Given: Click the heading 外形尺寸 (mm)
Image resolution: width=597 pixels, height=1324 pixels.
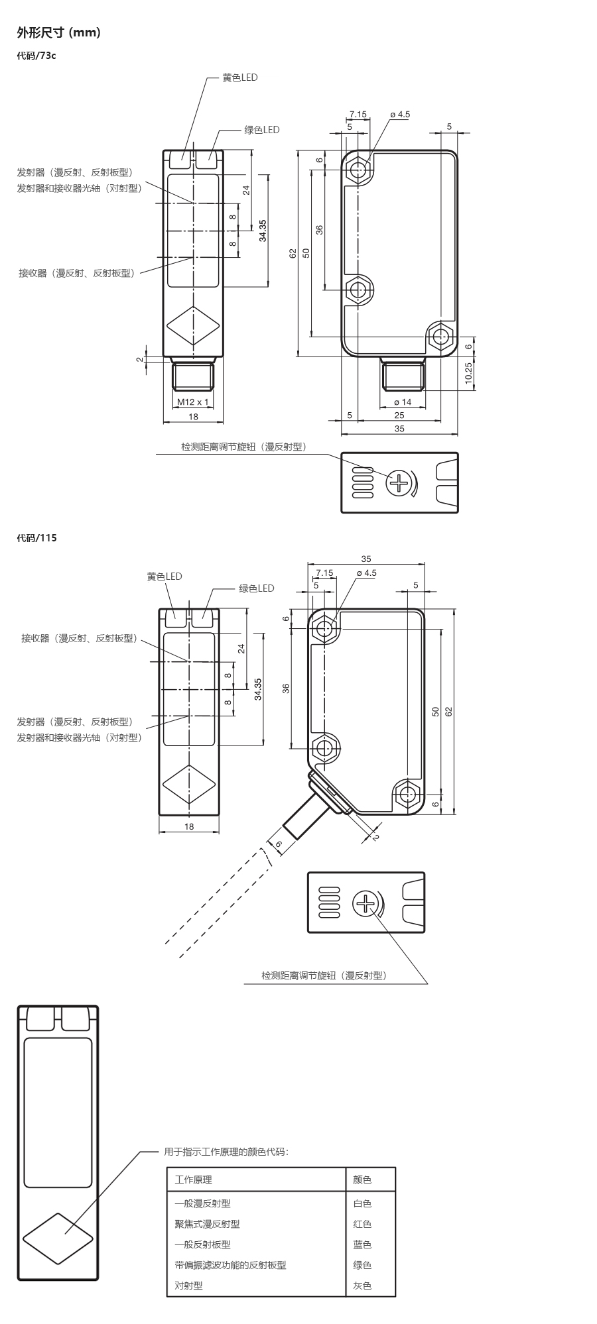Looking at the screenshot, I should click(x=58, y=32).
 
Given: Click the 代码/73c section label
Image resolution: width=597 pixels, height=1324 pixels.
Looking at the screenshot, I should click(x=36, y=56).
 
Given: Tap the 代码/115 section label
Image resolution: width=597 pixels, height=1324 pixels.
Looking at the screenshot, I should click(x=37, y=538).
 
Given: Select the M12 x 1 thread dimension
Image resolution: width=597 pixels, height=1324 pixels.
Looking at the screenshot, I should click(x=192, y=402).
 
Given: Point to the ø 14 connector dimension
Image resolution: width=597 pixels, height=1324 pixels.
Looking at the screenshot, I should click(x=403, y=402).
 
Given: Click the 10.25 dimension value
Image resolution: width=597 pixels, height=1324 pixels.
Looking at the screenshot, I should click(x=468, y=374).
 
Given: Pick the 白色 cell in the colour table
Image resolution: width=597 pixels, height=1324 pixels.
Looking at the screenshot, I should click(x=362, y=1203).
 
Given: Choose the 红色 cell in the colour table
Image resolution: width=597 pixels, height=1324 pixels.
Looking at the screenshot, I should click(x=362, y=1224).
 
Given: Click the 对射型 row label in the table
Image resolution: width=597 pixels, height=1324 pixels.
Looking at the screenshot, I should click(x=188, y=1286).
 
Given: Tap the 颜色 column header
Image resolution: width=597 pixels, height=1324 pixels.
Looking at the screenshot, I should click(x=362, y=1180).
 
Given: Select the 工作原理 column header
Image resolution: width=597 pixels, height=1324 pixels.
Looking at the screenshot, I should click(x=193, y=1180).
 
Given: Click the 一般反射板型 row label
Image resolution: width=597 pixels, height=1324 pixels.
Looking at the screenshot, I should click(x=202, y=1244).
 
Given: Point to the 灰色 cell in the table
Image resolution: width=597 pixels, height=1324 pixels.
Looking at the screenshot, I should click(x=362, y=1286).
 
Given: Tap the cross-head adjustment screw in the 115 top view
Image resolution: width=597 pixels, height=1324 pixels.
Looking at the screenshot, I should click(x=365, y=903).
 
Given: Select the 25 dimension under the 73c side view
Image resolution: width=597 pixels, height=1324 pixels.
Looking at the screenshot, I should click(x=399, y=415).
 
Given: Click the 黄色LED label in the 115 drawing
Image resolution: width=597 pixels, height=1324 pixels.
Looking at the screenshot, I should click(x=164, y=577).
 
